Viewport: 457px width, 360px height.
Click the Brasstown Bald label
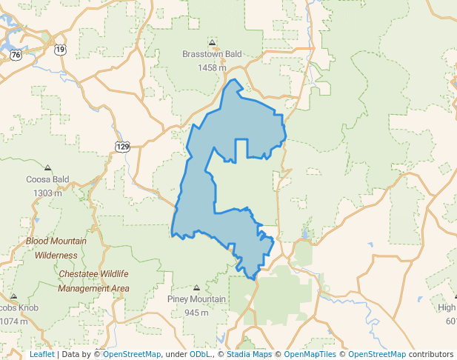point(212,54)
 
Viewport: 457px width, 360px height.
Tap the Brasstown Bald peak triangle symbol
point(213,42)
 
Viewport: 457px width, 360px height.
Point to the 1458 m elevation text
point(212,67)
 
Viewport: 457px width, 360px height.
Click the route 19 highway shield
point(60,50)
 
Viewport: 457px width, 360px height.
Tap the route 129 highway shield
point(123,147)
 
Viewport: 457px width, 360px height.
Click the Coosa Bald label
point(47,179)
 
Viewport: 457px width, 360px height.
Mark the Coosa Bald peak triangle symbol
point(48,168)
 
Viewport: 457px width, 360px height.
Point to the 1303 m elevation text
point(47,193)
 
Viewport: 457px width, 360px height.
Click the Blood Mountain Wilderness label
point(56,248)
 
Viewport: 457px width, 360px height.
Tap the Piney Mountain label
point(196,299)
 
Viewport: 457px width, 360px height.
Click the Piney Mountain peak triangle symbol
point(196,287)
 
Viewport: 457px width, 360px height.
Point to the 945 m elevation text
point(196,313)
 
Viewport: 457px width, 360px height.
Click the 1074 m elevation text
point(13,321)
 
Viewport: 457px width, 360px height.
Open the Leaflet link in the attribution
point(41,355)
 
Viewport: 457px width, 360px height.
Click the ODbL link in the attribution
point(200,355)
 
